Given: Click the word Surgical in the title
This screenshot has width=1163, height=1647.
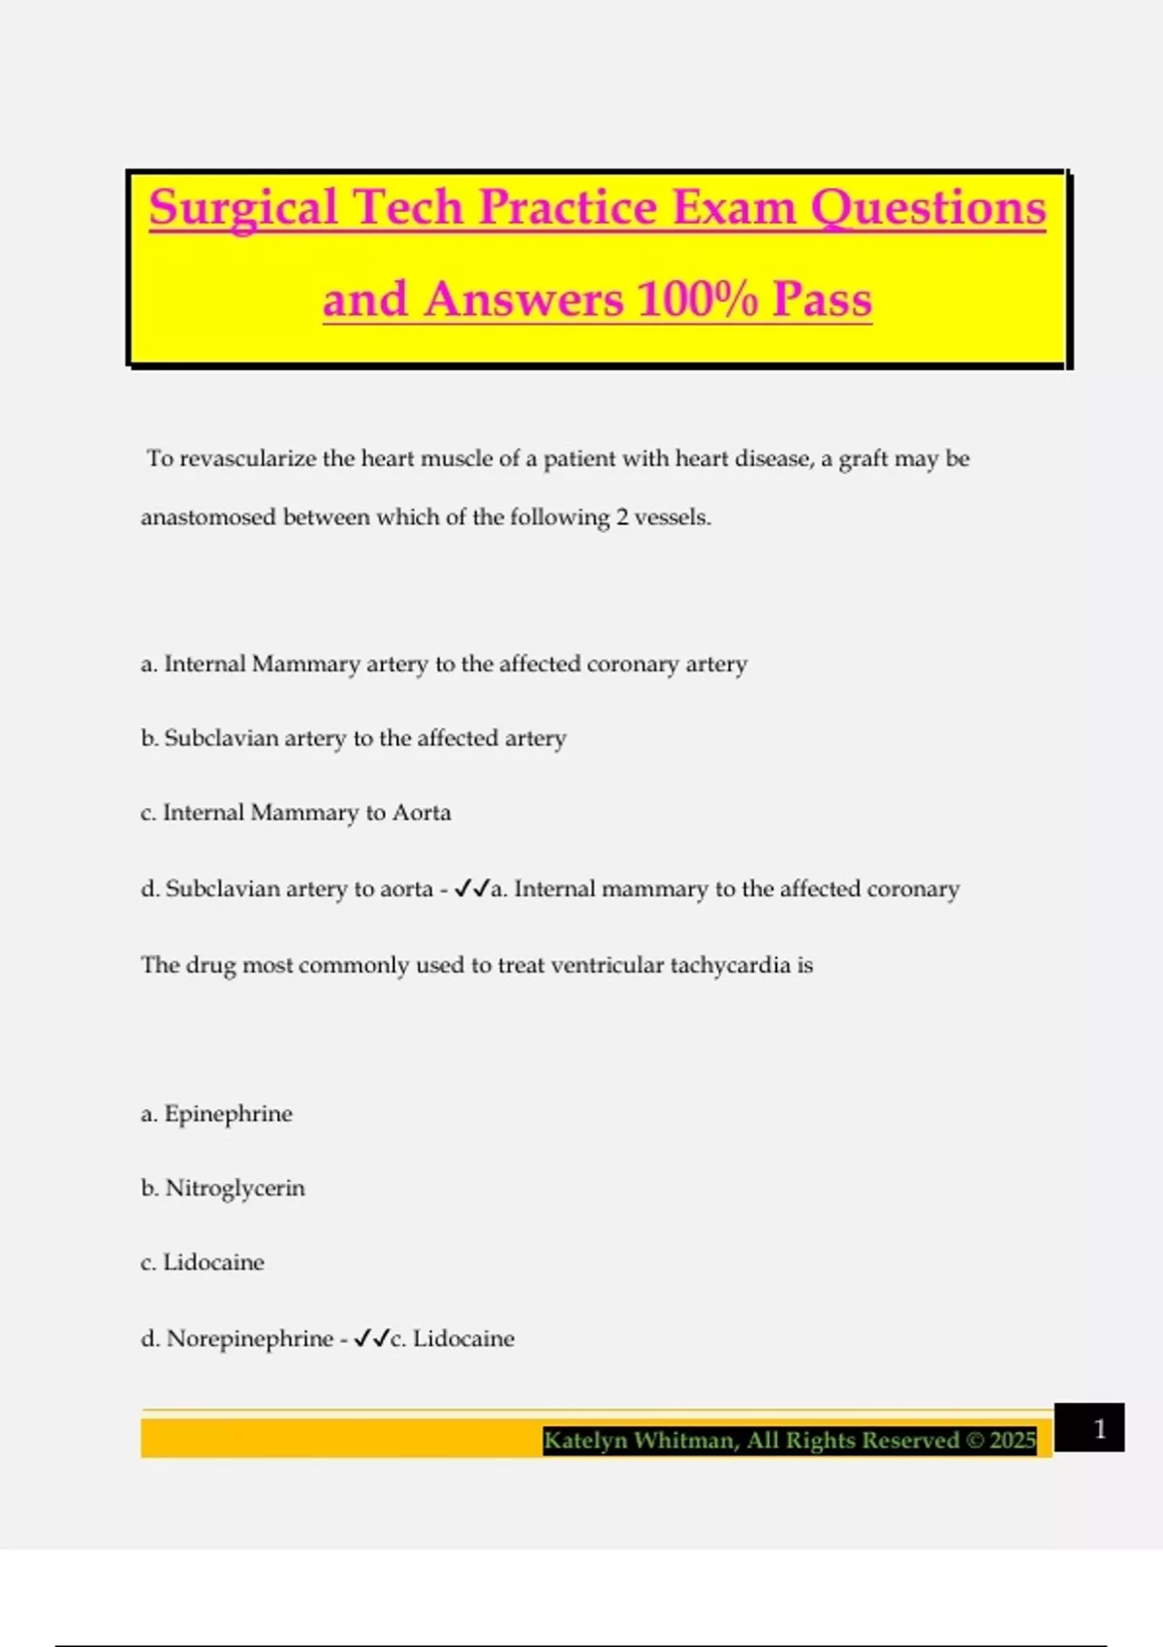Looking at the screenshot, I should (x=243, y=207).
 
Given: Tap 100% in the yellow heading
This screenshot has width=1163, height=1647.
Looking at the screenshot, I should (x=697, y=298).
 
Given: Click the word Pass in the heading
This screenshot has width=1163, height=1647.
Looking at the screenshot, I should (x=822, y=298).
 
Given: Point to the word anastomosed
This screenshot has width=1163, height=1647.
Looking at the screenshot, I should (x=208, y=517).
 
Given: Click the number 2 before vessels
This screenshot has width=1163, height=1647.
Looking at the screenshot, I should (x=621, y=517).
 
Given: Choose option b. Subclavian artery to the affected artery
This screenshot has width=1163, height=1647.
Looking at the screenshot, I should (x=353, y=738).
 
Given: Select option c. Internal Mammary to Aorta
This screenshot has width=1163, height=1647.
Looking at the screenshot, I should (x=296, y=813).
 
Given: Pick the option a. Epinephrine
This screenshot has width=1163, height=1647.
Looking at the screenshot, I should (x=216, y=1114).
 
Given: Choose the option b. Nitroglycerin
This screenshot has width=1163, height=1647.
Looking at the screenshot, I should (x=223, y=1188).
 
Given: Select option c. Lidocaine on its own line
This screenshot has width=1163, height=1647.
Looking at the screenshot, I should (x=202, y=1262).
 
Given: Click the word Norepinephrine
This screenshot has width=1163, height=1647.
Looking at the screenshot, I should (x=249, y=1339).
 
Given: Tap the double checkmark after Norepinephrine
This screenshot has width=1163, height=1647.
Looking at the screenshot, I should (x=370, y=1339).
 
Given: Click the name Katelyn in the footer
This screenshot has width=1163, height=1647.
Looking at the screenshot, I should (x=584, y=1441).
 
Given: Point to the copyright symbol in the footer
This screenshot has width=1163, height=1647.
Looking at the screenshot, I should (x=975, y=1441).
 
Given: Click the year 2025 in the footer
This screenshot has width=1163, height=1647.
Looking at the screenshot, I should (x=1013, y=1441).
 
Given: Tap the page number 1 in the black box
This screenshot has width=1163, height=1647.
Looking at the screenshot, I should (x=1099, y=1429).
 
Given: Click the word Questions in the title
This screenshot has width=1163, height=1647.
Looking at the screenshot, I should (x=927, y=207).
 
